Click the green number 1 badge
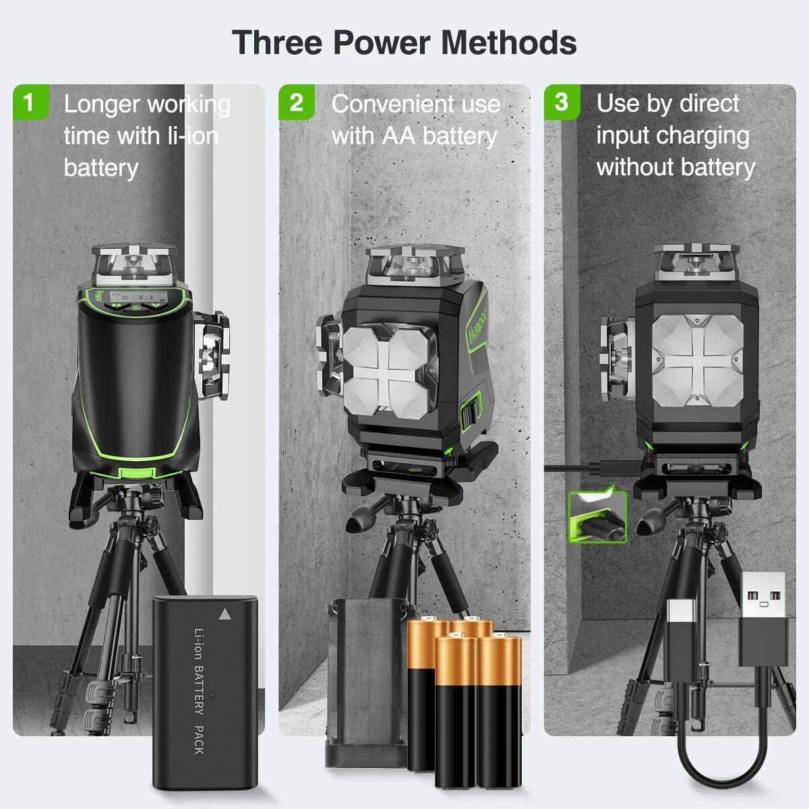(28, 102)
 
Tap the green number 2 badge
(296, 102)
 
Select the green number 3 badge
(561, 102)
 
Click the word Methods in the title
(508, 42)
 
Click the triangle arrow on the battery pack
(224, 614)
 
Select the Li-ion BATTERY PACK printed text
(200, 691)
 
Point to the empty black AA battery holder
(365, 681)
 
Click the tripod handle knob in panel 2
(361, 519)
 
